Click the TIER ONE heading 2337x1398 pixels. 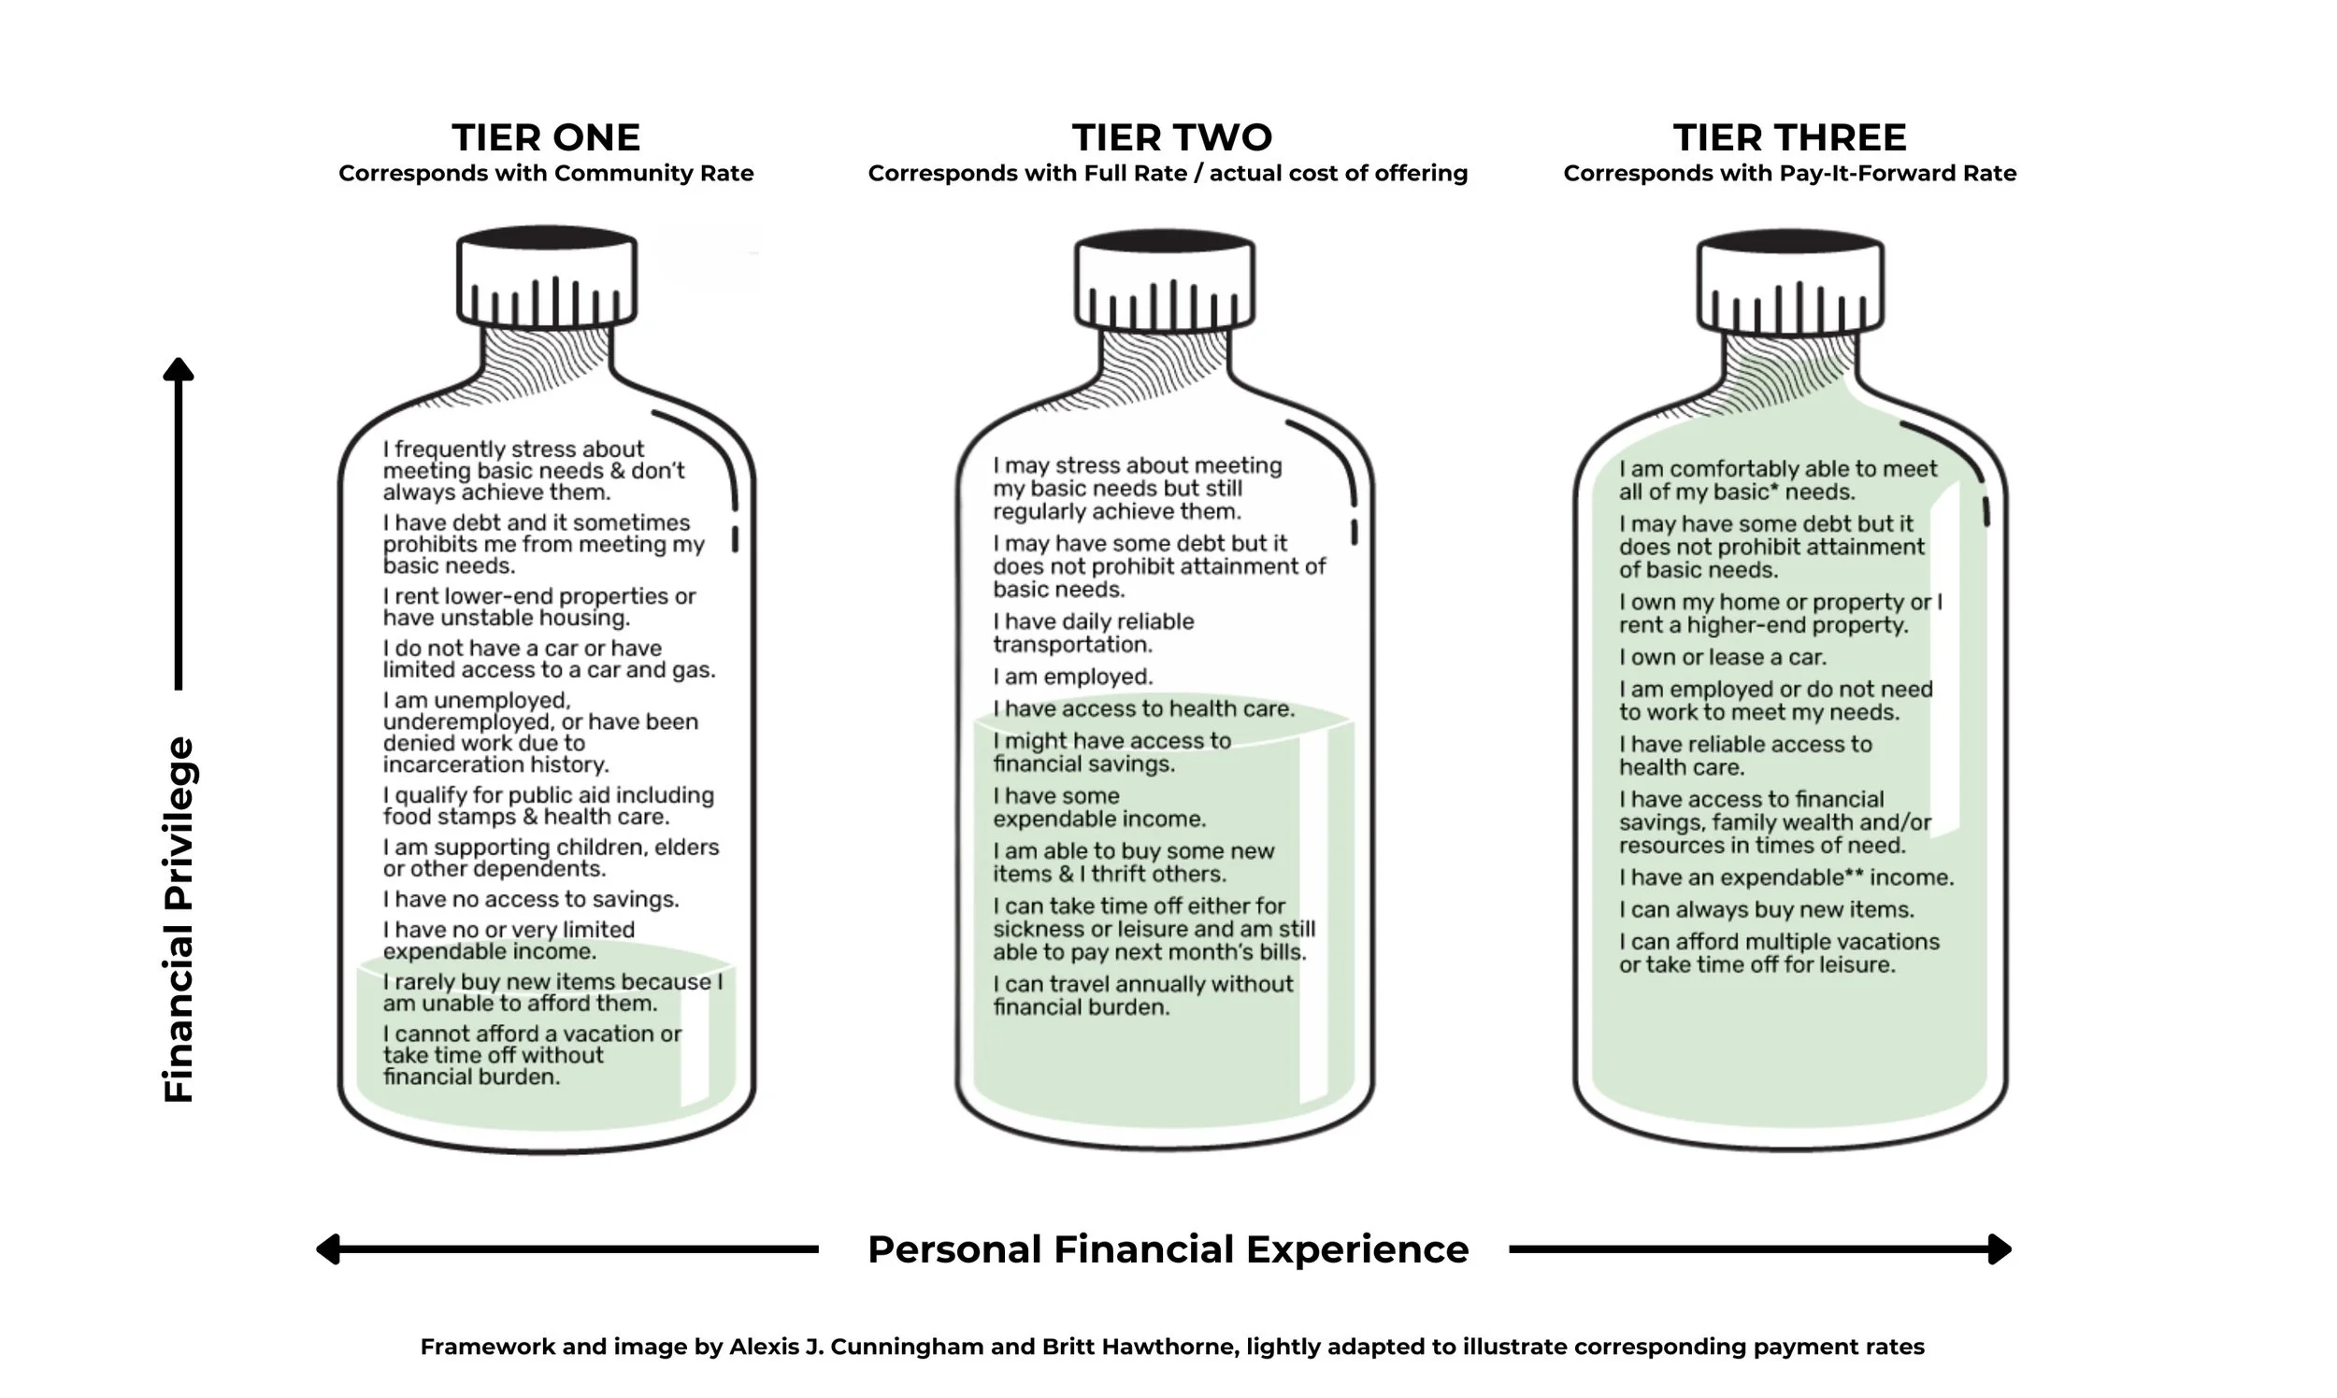click(x=546, y=137)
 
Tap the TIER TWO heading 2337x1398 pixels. click(x=1171, y=137)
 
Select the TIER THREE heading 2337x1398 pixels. click(x=1789, y=137)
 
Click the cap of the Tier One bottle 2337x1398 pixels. click(x=547, y=278)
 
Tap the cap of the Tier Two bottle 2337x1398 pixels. click(x=1165, y=280)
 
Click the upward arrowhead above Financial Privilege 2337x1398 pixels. click(x=179, y=369)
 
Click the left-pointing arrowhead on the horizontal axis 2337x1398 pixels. click(x=328, y=1249)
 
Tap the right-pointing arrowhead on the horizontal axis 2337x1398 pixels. click(x=2000, y=1249)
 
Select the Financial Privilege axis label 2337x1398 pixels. click(x=179, y=919)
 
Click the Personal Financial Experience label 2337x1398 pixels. click(x=1168, y=1250)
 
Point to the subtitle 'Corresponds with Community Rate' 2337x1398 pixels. click(x=546, y=173)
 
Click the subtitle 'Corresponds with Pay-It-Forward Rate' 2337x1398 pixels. click(x=1789, y=173)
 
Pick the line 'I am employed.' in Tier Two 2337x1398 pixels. click(x=1072, y=677)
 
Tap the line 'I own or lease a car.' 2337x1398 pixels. click(x=1723, y=657)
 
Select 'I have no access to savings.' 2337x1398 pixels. click(x=531, y=899)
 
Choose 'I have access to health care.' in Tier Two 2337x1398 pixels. click(x=1143, y=708)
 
